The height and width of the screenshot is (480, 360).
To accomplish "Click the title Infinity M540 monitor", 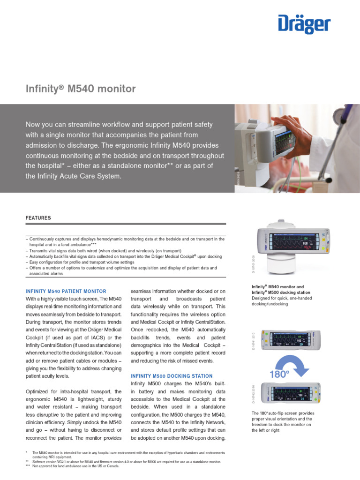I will [80, 89].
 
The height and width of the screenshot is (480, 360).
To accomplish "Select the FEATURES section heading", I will [38, 218].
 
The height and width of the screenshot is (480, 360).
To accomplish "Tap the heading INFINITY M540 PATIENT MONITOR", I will [66, 292].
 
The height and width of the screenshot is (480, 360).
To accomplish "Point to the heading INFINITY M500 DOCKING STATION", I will [172, 376].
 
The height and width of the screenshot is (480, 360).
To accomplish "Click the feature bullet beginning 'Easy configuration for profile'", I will [82, 262].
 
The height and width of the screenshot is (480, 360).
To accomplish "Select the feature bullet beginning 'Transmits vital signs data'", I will [105, 251].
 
